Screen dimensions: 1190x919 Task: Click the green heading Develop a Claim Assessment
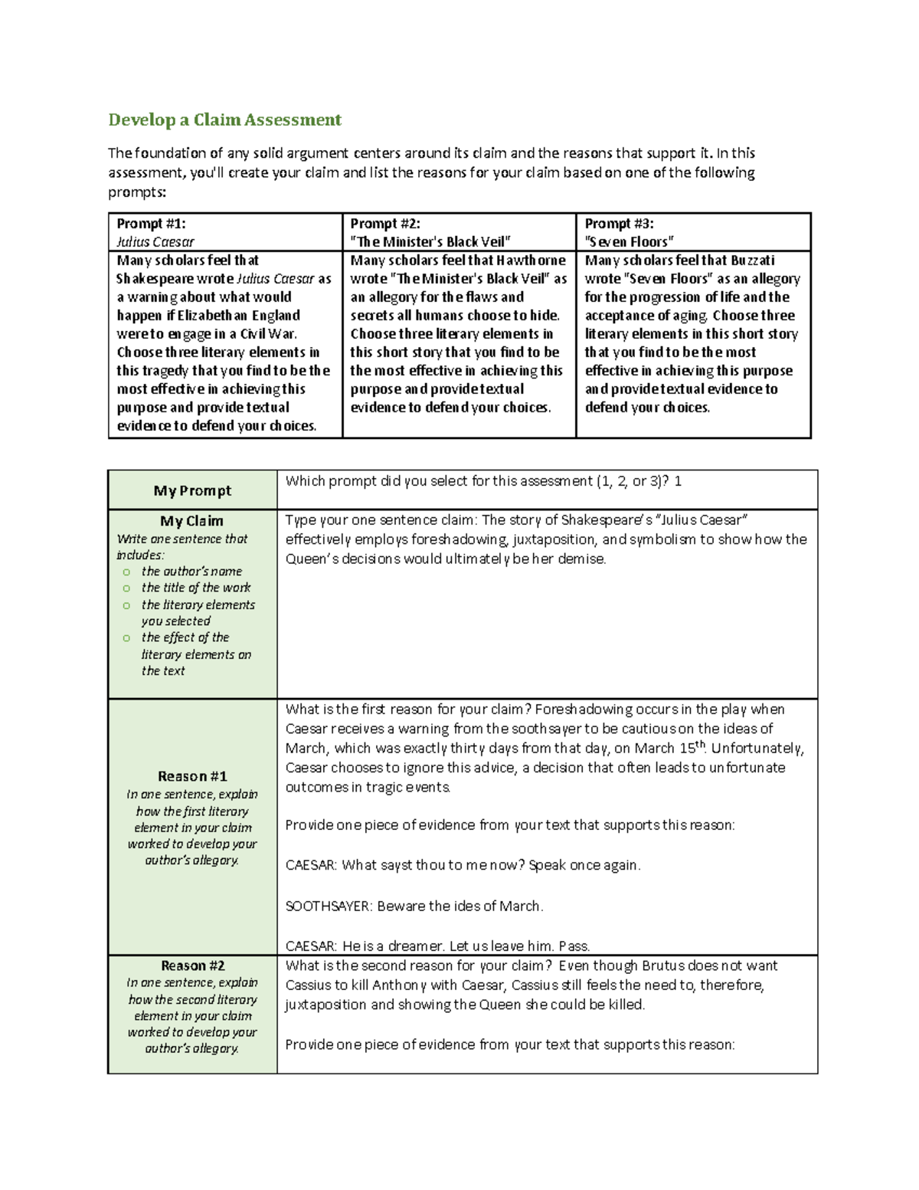pos(224,120)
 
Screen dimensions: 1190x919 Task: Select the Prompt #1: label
pos(151,224)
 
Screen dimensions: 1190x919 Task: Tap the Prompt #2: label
pos(385,224)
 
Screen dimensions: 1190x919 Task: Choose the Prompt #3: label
pos(620,224)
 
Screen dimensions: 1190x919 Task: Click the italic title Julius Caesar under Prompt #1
pos(155,242)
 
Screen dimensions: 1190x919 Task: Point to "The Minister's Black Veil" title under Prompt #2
pos(430,242)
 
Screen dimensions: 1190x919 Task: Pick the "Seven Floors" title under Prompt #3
pos(630,242)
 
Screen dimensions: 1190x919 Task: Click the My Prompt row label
pos(192,490)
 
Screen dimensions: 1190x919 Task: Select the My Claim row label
pos(191,521)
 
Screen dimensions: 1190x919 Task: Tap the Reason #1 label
pos(192,776)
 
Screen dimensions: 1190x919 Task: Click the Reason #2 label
pos(192,965)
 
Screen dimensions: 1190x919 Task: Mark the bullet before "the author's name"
pos(126,572)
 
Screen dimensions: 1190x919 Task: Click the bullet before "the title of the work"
pos(126,588)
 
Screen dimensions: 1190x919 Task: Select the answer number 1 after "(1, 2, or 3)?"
pos(678,481)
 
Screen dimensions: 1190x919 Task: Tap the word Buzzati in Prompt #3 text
pos(752,261)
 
